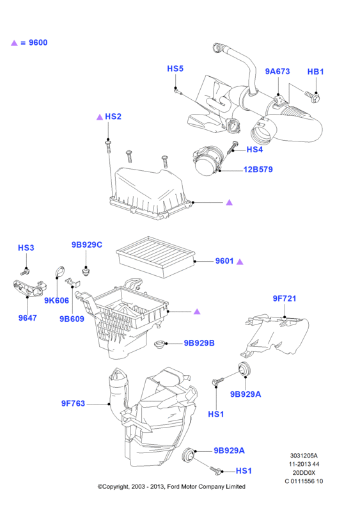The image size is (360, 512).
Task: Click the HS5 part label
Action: (175, 68)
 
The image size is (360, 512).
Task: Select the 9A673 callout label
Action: (278, 72)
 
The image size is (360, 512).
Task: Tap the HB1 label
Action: (316, 72)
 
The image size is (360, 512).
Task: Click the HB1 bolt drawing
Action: (312, 95)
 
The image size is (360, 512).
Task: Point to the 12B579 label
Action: (258, 170)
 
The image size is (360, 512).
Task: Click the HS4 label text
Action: (254, 150)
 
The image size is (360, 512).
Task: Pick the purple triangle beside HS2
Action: (100, 117)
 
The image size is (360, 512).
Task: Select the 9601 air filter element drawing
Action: (156, 257)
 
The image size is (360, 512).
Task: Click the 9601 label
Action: (224, 261)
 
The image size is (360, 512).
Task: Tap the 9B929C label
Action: (87, 244)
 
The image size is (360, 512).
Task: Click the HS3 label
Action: (26, 248)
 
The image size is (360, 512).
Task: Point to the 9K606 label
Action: (56, 300)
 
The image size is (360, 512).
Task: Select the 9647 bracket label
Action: (27, 317)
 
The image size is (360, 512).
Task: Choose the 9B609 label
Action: (72, 319)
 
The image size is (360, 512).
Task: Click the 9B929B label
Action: (199, 343)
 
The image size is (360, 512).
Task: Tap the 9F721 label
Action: (285, 298)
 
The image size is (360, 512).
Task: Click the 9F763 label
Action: (73, 404)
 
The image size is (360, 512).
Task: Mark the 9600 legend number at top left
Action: (38, 43)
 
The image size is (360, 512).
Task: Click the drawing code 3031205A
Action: (304, 456)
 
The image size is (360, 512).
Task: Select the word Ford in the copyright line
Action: (173, 486)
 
